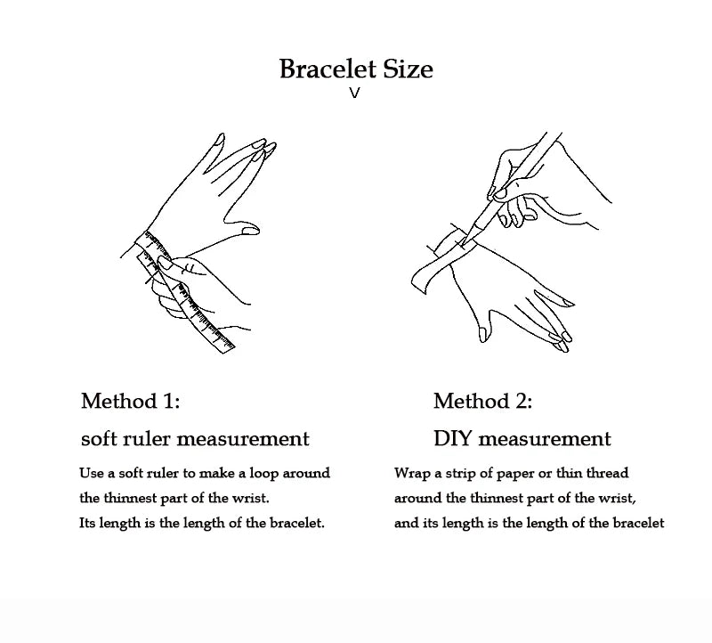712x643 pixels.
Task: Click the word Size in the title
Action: coord(408,69)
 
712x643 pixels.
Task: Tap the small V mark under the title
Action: coord(354,94)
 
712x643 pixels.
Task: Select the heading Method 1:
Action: coord(130,401)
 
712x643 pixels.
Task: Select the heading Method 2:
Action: coord(482,401)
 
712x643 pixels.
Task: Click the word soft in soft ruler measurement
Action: coord(95,439)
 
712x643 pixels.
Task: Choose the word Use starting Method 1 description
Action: coord(92,473)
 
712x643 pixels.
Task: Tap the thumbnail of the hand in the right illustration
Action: coord(484,335)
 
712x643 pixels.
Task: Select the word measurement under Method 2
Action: coord(545,439)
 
